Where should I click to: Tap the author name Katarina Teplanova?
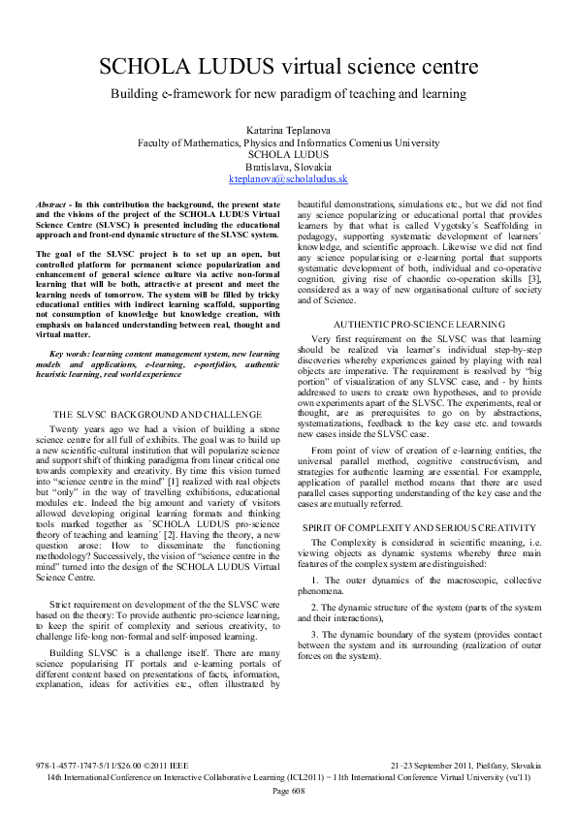[x=288, y=128]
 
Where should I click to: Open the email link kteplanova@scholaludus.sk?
[x=288, y=179]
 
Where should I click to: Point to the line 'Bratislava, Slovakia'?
[x=288, y=167]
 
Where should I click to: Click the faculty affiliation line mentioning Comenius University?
[x=288, y=141]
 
